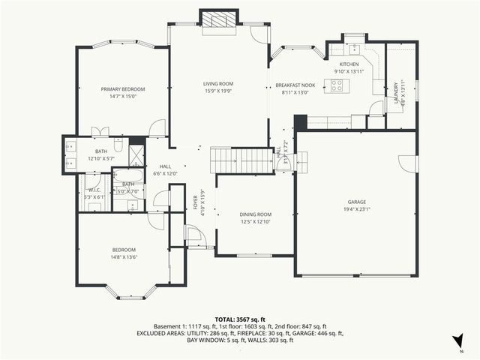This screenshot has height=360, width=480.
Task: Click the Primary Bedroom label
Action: coord(123,89)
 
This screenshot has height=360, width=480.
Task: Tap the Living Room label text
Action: coord(218,83)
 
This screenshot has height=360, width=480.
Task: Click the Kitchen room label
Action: coord(349,64)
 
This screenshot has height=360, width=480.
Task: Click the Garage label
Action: coord(356,202)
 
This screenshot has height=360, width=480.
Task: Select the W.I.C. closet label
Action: coord(94,190)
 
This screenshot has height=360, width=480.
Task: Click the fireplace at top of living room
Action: coord(218,19)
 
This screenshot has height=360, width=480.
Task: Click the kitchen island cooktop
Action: coord(335,85)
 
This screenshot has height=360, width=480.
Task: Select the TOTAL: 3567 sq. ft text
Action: coord(240,319)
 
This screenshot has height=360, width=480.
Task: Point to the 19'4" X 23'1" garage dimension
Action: coord(356,209)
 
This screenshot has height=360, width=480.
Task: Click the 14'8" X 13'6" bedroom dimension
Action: coord(124,257)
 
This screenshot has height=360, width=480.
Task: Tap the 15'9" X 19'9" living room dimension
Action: coord(218,91)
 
